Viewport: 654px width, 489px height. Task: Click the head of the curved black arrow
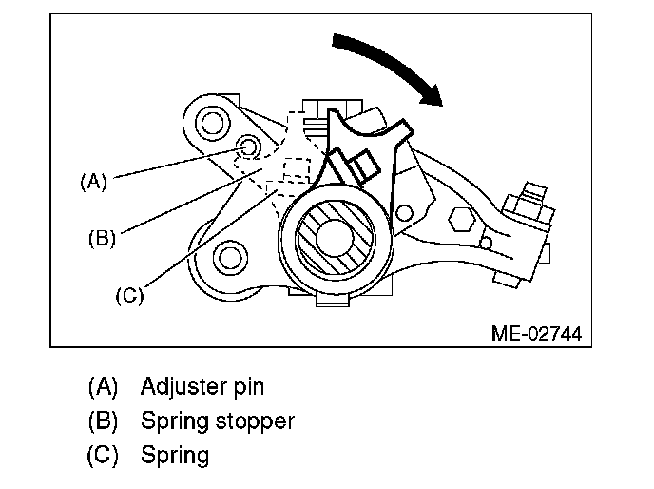434,91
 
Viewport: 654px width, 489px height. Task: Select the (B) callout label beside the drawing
101,238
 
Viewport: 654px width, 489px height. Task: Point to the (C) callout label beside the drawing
128,295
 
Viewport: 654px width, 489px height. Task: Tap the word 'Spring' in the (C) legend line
174,455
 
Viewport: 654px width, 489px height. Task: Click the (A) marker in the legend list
102,387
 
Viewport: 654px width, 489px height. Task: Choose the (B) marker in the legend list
102,421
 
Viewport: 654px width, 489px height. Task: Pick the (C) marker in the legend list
102,455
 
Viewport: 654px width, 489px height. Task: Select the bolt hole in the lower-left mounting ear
227,255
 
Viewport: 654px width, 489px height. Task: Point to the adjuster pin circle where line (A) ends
248,147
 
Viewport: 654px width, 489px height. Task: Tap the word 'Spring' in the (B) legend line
174,421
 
